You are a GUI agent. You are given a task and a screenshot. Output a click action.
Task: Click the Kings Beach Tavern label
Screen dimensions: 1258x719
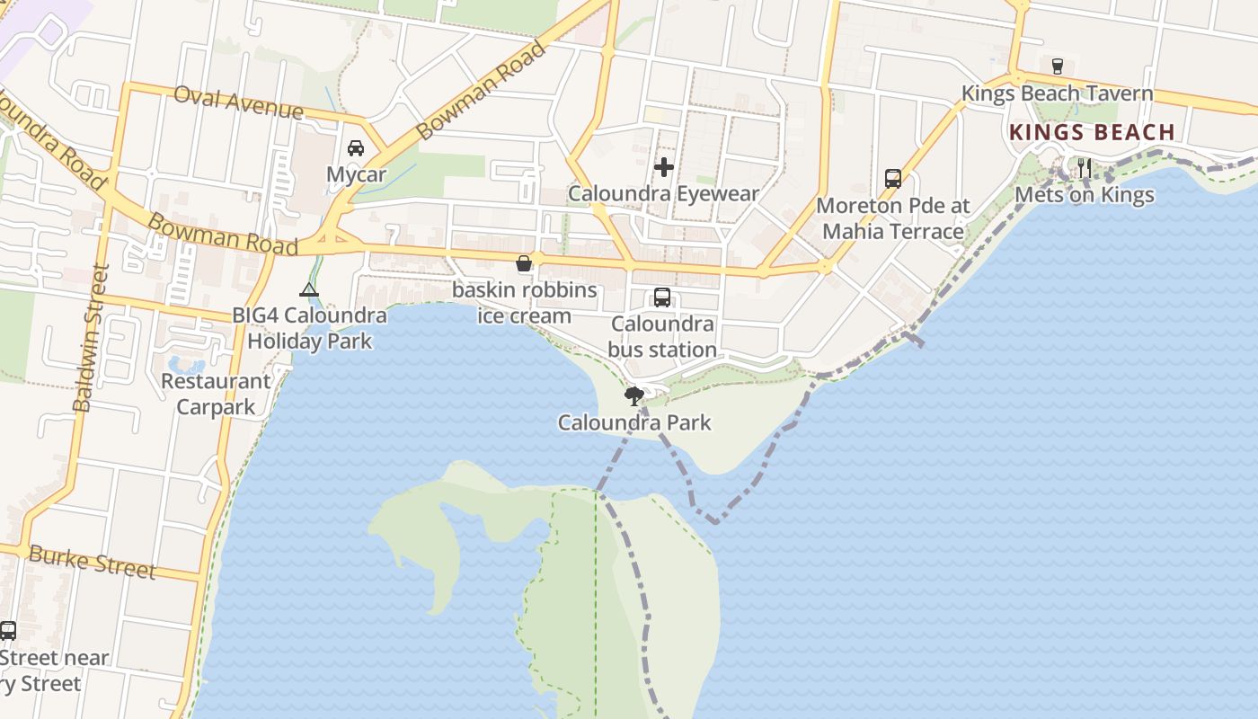[1057, 93]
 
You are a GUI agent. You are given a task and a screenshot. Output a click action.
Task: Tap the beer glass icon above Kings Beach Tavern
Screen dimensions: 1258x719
[1058, 66]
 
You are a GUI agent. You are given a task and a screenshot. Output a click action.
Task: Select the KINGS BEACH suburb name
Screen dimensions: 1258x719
[1092, 132]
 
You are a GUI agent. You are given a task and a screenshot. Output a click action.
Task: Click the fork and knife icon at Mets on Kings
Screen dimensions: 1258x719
[1085, 167]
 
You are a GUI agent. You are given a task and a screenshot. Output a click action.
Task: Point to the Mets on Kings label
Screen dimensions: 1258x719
[1085, 195]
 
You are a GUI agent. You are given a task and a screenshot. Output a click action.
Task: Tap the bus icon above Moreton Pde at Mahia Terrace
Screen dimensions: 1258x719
[892, 178]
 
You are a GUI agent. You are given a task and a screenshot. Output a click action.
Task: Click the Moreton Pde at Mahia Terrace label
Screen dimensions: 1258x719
[893, 218]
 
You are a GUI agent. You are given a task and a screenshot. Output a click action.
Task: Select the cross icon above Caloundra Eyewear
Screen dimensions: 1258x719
[664, 166]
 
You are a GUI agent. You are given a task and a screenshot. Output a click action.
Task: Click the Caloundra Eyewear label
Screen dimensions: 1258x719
[664, 193]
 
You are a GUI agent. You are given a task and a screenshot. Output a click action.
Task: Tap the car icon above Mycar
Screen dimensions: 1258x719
[356, 147]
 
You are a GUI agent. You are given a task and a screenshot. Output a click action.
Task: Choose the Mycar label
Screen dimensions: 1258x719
[356, 174]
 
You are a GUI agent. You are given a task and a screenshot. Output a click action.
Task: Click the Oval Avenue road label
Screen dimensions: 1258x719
[238, 102]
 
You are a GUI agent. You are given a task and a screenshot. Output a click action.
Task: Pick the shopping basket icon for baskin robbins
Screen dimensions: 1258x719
[524, 263]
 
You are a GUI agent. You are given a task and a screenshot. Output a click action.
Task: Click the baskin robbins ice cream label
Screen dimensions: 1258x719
[524, 303]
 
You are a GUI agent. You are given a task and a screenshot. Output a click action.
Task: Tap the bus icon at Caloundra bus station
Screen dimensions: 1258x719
[662, 297]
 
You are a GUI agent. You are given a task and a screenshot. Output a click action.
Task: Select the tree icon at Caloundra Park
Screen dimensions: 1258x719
[634, 395]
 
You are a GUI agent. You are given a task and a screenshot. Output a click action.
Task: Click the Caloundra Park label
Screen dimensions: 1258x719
[634, 422]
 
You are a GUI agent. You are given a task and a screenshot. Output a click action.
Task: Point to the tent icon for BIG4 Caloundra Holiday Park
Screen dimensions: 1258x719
[309, 289]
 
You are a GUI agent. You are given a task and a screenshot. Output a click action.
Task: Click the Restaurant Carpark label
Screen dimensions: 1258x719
[216, 394]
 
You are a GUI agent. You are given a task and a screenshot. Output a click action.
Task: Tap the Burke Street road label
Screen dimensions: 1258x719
[92, 562]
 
